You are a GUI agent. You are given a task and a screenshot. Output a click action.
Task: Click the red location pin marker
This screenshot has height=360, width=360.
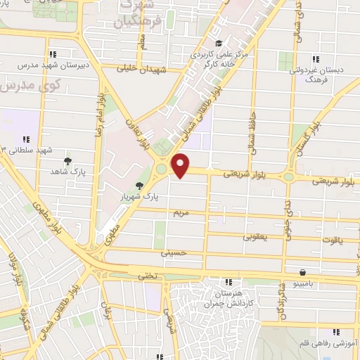tap(181, 165)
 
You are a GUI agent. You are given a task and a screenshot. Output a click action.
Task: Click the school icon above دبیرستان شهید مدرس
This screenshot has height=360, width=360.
tap(53, 54)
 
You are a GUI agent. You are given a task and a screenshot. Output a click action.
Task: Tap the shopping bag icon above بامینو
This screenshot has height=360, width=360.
tap(302, 272)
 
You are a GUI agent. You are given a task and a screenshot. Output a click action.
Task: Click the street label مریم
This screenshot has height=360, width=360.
tap(182, 211)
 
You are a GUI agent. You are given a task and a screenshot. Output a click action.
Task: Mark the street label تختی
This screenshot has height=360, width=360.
tap(147, 276)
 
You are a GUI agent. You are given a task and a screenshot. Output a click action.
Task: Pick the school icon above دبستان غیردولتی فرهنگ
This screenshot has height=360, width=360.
tap(316, 59)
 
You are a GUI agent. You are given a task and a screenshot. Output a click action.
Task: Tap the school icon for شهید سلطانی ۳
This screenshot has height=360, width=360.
tap(27, 139)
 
